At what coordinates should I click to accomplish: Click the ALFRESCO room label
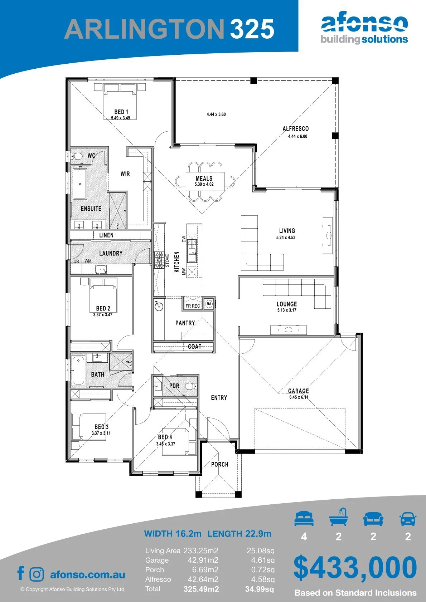296,129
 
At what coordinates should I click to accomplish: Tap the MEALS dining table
205,182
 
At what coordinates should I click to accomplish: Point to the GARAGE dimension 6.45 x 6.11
299,397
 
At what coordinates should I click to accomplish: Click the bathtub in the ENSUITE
79,184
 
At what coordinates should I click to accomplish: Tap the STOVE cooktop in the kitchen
159,260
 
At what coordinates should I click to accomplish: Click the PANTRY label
185,323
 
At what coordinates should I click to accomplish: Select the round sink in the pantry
159,306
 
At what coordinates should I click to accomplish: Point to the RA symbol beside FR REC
209,304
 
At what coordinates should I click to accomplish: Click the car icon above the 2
408,519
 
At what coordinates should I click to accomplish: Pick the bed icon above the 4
304,519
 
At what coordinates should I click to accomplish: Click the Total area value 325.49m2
201,589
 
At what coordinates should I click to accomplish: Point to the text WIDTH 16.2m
173,534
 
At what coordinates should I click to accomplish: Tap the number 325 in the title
252,29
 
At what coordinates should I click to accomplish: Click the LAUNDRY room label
111,253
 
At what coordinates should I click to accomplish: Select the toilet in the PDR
192,386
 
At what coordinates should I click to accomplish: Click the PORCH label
220,464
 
